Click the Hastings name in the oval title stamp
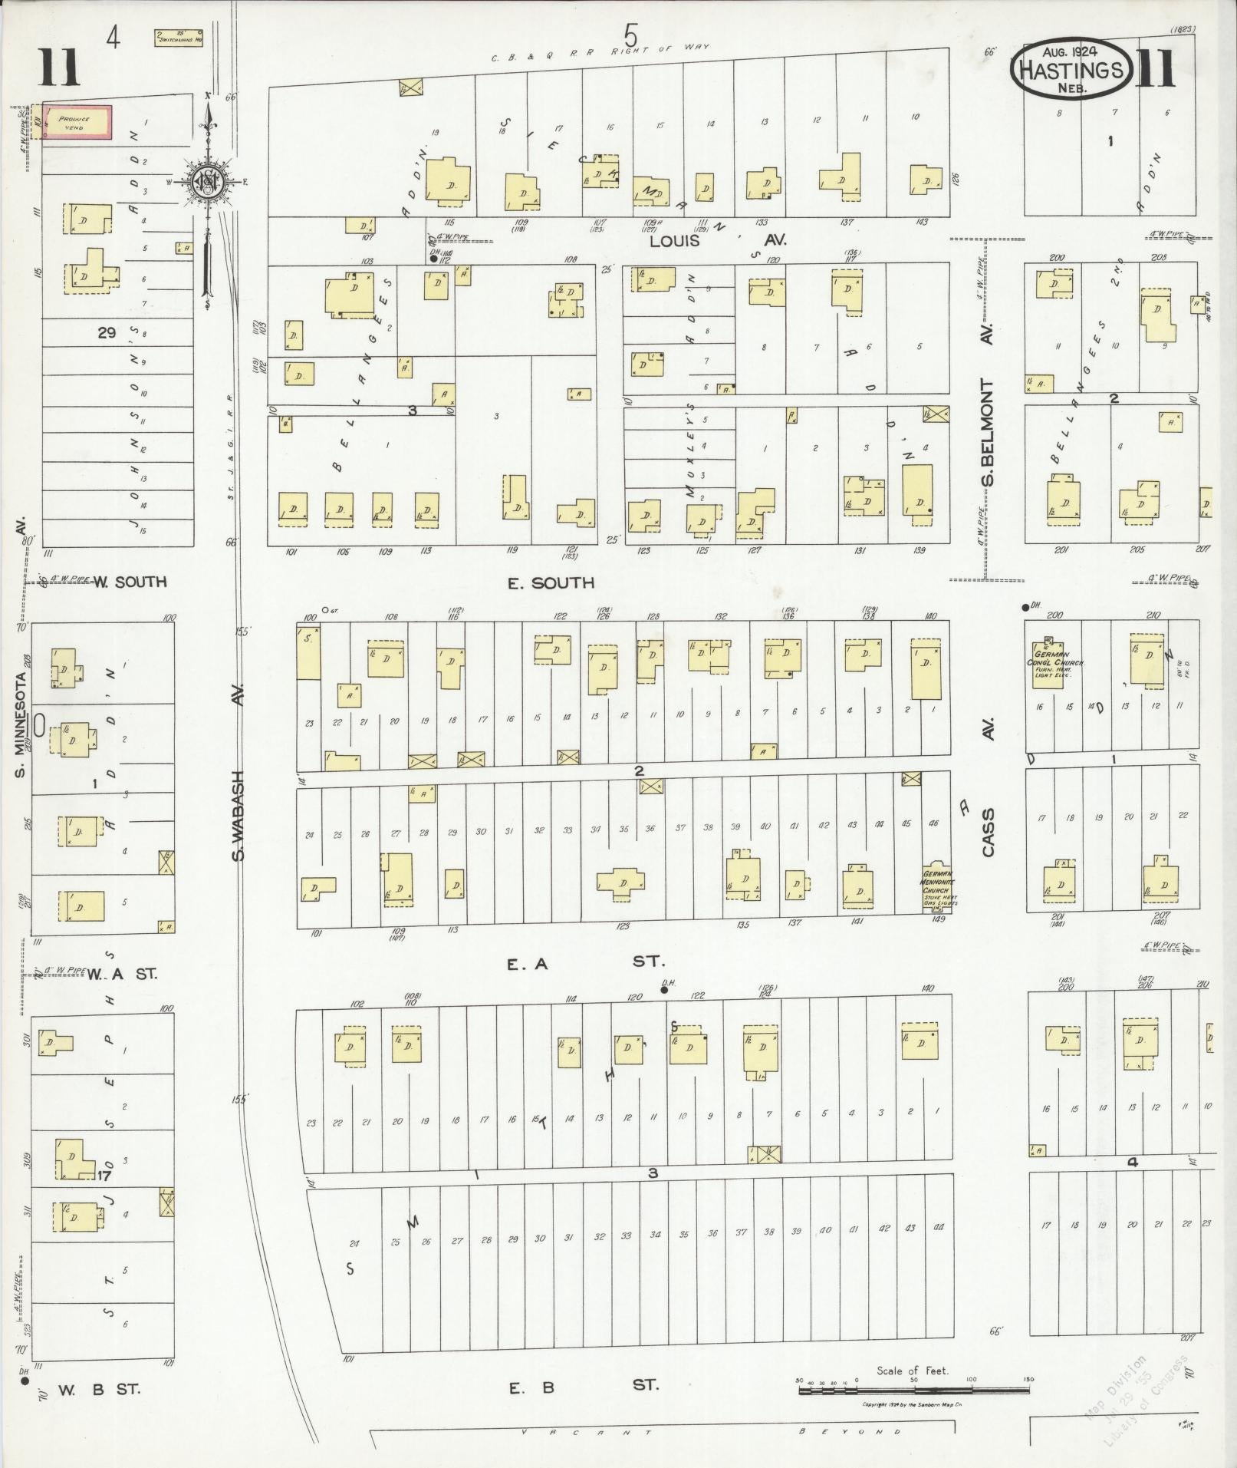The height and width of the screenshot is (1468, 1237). pos(1072,71)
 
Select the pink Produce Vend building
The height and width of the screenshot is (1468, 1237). pos(77,123)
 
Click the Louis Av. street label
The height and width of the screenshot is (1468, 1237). pos(718,241)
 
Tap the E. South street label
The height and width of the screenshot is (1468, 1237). pos(551,583)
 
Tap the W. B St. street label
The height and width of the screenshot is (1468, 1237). pos(99,1388)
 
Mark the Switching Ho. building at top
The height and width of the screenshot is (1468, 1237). pos(178,37)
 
